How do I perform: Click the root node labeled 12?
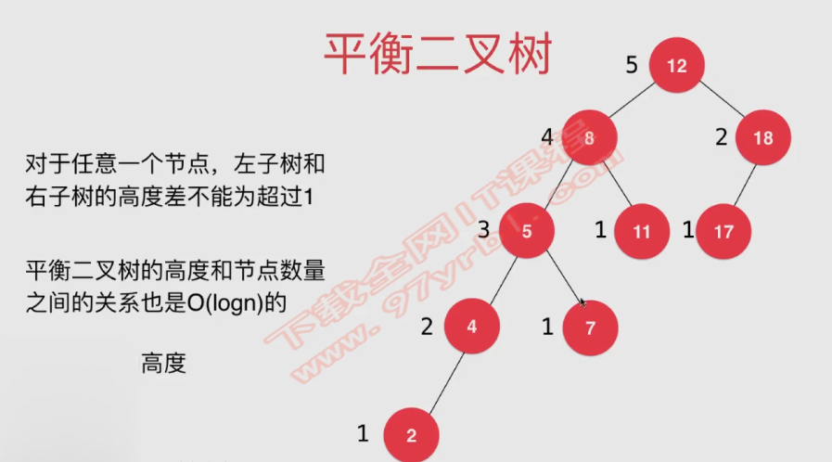click(676, 66)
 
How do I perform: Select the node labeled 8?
click(589, 138)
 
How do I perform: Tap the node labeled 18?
click(762, 138)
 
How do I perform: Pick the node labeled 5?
click(527, 229)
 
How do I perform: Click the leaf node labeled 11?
click(642, 231)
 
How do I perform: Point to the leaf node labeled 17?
click(723, 231)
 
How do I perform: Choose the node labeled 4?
click(472, 327)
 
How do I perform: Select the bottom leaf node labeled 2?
click(411, 435)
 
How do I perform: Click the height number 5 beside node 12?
click(632, 65)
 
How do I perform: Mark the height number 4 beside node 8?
click(547, 137)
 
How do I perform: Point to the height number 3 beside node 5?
click(483, 229)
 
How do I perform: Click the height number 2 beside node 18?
click(721, 137)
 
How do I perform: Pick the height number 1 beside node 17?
click(688, 230)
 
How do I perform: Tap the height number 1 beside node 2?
click(364, 432)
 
